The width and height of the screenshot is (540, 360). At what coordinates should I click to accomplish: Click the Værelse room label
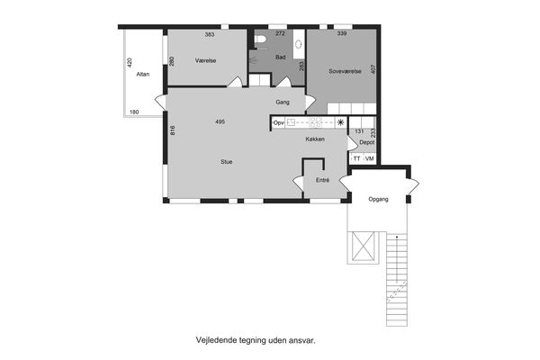(205, 60)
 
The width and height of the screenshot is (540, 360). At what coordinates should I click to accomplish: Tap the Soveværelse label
(345, 72)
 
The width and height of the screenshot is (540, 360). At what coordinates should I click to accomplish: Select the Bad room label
(280, 58)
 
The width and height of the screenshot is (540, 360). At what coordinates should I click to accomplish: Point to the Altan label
(143, 74)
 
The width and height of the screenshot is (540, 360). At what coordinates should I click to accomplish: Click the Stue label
(226, 162)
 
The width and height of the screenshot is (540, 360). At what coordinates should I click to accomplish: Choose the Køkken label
(315, 139)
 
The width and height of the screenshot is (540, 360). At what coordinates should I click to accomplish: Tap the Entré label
(323, 180)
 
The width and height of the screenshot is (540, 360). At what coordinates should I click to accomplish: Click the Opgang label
(378, 199)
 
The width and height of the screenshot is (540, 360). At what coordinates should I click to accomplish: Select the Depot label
(367, 142)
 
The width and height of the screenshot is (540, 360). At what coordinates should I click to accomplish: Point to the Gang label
(283, 103)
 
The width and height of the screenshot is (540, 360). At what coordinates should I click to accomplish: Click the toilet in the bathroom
(259, 40)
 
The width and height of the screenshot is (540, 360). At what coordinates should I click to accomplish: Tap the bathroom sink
(298, 44)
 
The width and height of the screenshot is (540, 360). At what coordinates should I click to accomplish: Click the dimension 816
(173, 130)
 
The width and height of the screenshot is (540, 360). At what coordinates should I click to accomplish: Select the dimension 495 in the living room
(220, 121)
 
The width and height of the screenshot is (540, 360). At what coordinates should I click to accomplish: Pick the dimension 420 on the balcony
(130, 62)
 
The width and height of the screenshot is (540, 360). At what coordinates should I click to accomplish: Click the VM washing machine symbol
(370, 158)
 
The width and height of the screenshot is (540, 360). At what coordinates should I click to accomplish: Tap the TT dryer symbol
(356, 158)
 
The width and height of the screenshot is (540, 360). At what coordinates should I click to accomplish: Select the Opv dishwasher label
(278, 123)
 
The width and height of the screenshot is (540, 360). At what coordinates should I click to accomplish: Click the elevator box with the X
(364, 247)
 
